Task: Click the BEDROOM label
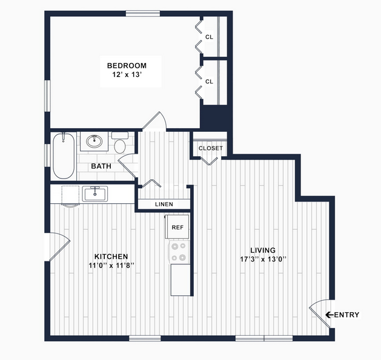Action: click(x=127, y=65)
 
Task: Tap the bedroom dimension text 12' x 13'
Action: click(x=127, y=75)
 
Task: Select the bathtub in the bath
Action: click(x=64, y=156)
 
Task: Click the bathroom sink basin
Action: click(x=94, y=141)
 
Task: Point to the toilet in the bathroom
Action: click(x=120, y=143)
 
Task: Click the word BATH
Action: click(x=101, y=166)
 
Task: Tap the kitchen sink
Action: click(x=94, y=194)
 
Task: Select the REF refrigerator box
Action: click(x=177, y=227)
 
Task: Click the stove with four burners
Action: click(x=179, y=252)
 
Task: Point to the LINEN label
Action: click(x=164, y=205)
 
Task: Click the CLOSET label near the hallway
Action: click(x=210, y=148)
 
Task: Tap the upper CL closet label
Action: click(x=209, y=37)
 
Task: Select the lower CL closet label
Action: click(x=209, y=82)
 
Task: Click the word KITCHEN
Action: click(x=111, y=257)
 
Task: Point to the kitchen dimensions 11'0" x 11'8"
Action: click(x=111, y=266)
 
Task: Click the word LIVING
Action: click(x=263, y=250)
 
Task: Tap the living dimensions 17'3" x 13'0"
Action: click(x=263, y=259)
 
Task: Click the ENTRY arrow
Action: click(x=330, y=315)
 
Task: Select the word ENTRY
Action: click(x=346, y=315)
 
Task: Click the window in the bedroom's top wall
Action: click(x=143, y=13)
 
